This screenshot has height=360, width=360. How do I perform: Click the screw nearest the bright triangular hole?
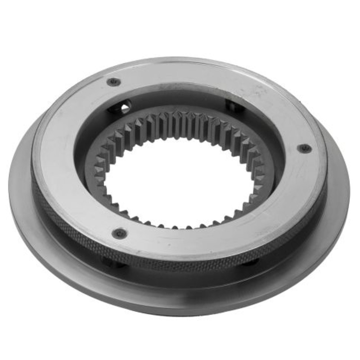(x=113, y=82)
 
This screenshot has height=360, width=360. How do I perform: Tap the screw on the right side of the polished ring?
(x=305, y=148)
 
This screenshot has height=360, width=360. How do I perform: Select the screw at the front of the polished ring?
(x=120, y=233)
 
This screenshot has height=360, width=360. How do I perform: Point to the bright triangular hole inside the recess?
(x=125, y=107)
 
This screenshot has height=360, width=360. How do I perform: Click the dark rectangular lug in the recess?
(x=234, y=106)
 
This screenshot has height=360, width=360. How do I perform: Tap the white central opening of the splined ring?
(x=180, y=180)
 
